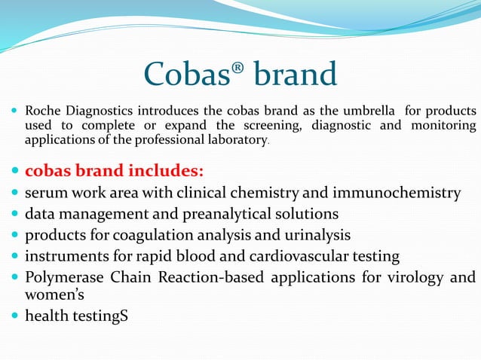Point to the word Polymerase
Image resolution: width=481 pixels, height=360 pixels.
point(67,277)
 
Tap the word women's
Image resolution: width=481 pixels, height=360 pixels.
point(54,294)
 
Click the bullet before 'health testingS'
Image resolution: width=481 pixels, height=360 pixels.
point(14,316)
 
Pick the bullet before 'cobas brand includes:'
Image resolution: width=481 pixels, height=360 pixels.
point(14,168)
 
